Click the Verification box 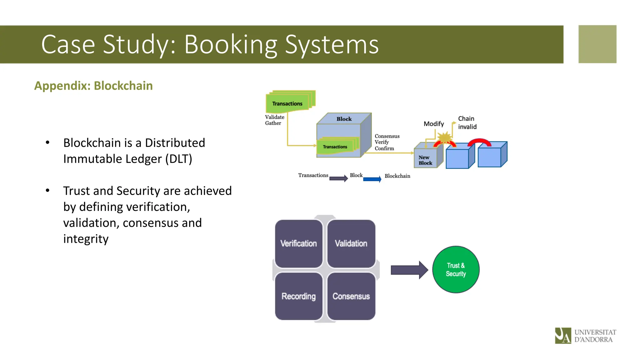298,244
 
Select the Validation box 351,244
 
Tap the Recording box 298,296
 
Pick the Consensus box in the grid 351,296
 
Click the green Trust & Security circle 456,269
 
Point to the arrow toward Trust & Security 409,270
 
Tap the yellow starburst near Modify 444,137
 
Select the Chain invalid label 467,123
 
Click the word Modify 433,124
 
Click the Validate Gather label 274,120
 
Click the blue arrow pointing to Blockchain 372,179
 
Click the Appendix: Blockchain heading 93,86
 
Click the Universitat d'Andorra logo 585,336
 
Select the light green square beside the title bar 597,44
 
